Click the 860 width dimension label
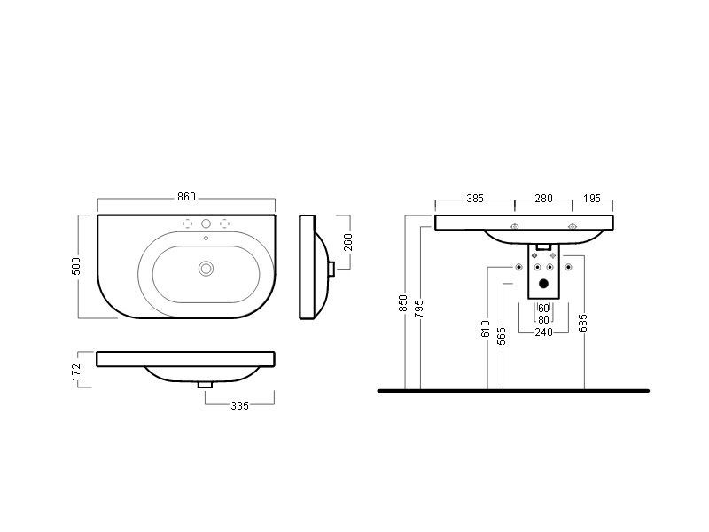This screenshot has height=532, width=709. coord(186,197)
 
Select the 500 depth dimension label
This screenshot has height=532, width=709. coord(76,266)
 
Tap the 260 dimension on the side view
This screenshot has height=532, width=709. coord(347,242)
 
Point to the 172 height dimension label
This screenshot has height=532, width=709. coord(76,372)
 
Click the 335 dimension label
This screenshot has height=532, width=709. coord(239,406)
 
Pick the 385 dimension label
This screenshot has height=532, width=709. coord(475,199)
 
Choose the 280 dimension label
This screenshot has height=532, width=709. coord(543,199)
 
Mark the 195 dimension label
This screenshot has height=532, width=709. coord(592,199)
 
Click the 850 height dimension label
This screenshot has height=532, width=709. coord(403,303)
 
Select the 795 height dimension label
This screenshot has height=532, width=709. coord(419,308)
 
